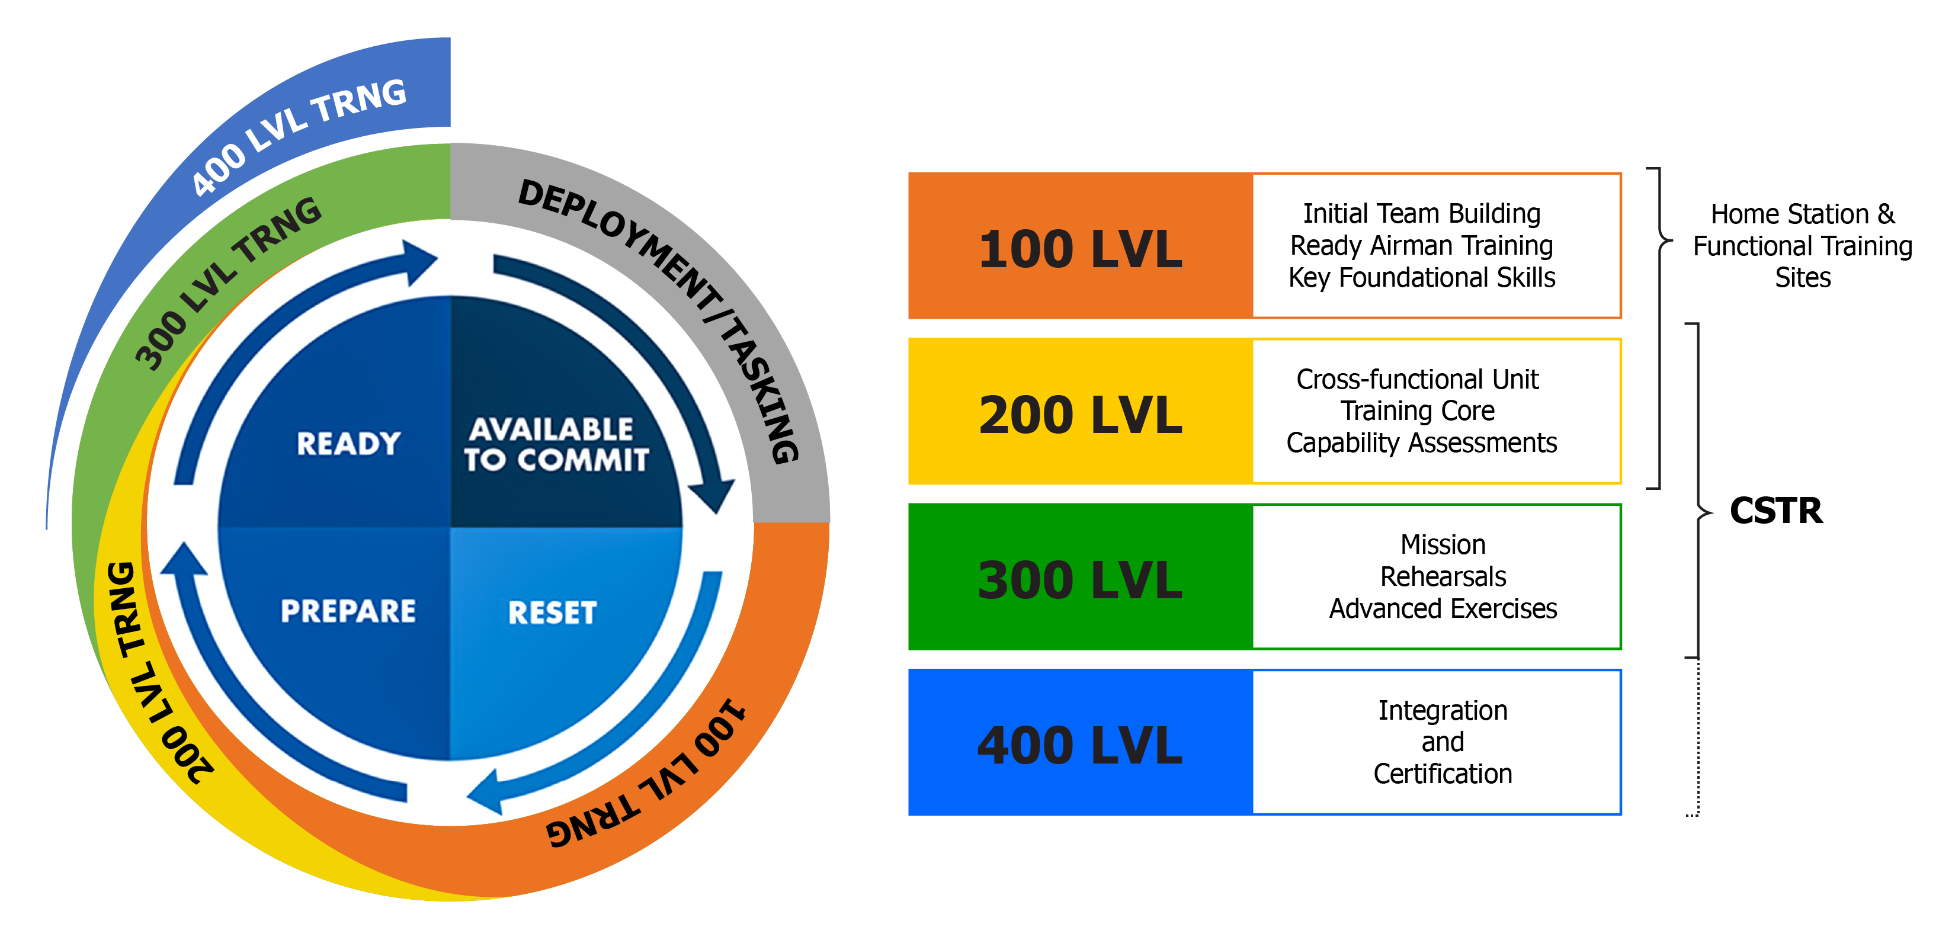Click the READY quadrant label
click(x=348, y=444)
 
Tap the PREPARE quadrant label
click(x=348, y=611)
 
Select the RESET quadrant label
click(x=553, y=613)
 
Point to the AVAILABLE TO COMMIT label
click(x=556, y=445)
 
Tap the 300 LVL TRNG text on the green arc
click(x=227, y=281)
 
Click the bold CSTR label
click(x=1776, y=510)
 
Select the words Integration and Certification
click(x=1442, y=742)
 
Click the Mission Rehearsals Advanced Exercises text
click(x=1442, y=576)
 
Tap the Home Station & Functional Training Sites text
click(x=1803, y=246)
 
